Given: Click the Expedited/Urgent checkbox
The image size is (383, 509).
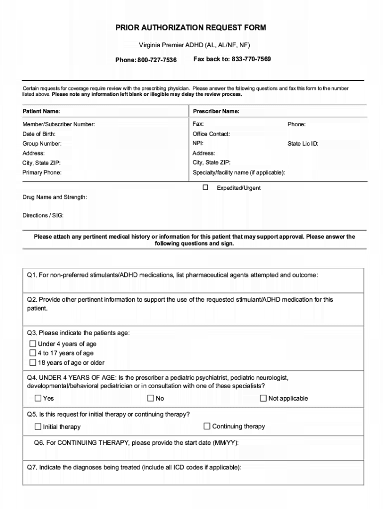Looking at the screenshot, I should coord(205,188).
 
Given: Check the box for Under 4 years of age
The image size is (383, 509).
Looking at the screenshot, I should coord(33,343).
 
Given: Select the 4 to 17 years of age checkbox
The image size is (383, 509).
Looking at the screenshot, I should coord(33,353).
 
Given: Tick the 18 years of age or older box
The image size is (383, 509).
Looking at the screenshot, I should coord(33,362).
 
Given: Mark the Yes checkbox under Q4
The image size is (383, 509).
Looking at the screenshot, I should coord(38,398).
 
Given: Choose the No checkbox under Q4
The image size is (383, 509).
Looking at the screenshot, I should coord(151,398).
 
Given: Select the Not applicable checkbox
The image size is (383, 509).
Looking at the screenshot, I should coord(264,398).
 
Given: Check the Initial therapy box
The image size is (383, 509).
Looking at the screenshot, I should coord(38,426).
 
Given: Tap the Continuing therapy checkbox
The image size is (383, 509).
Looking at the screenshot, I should coord(207,426).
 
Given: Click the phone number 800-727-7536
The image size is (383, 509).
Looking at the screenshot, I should coord(157,60).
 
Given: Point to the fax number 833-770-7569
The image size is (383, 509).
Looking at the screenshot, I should coord(251,59).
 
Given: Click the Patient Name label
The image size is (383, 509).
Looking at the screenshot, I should coord(41,111).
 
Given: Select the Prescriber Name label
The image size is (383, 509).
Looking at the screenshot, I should coord(216,111).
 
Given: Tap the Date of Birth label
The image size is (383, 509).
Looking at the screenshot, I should coord(39,134).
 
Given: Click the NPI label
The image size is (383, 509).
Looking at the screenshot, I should coord(198,143).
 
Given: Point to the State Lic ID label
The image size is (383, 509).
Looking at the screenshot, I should coord(303,144).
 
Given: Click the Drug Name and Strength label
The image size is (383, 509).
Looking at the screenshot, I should coord(55,197).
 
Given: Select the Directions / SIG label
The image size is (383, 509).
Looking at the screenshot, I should coord(43,215).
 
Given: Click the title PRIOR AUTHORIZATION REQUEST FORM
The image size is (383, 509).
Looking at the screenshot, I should coord(191,28).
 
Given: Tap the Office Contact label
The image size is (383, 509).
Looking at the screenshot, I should coord(211,134).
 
